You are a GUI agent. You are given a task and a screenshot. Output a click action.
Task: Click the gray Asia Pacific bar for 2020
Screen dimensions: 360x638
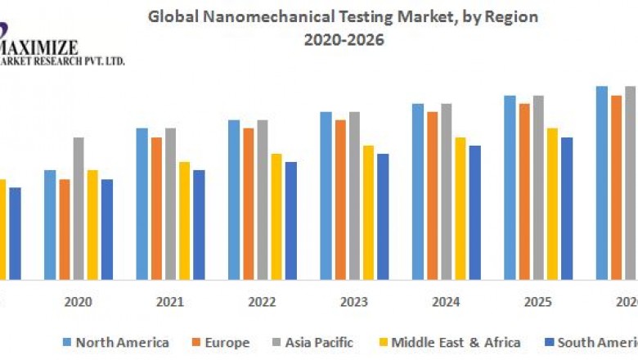click(79, 209)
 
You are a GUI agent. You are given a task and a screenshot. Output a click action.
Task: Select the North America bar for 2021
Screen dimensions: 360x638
click(142, 204)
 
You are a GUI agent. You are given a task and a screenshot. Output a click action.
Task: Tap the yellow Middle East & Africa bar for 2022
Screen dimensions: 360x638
click(277, 216)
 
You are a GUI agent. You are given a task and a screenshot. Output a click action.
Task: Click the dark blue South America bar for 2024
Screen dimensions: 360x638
click(475, 213)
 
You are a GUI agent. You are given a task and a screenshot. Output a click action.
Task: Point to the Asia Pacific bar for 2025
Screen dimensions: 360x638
click(538, 187)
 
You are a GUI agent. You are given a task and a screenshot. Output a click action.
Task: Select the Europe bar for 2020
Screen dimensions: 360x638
click(64, 229)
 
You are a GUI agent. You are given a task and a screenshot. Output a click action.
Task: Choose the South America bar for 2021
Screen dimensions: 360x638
click(199, 225)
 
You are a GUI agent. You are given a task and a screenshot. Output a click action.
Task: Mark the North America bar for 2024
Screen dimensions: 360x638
click(418, 191)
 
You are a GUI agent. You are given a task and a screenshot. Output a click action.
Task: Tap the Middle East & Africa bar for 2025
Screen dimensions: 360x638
click(553, 204)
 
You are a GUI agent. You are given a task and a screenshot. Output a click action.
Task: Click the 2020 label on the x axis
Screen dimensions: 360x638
click(78, 302)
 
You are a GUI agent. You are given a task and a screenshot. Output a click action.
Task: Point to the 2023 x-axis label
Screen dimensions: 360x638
click(354, 302)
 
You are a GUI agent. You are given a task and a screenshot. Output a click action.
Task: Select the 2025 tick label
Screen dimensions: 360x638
click(538, 302)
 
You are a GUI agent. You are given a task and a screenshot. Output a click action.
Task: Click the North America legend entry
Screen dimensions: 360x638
click(121, 342)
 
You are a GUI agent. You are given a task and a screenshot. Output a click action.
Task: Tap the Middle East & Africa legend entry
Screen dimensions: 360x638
click(455, 342)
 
